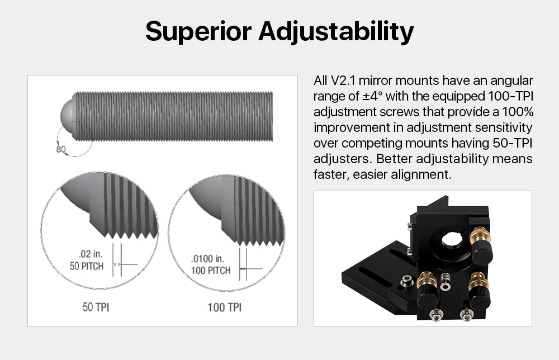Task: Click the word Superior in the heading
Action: [198, 31]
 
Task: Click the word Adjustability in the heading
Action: [336, 32]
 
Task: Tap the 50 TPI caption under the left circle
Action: [96, 307]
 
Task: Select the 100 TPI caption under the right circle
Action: [225, 307]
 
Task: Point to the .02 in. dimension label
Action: [91, 254]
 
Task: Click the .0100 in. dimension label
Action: [207, 258]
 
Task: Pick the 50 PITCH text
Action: [87, 266]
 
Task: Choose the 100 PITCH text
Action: [210, 271]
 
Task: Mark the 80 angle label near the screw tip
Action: [61, 149]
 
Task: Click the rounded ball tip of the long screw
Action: [68, 117]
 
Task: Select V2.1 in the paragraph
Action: [344, 80]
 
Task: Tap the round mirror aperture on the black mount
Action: [452, 239]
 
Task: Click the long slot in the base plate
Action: [374, 277]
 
